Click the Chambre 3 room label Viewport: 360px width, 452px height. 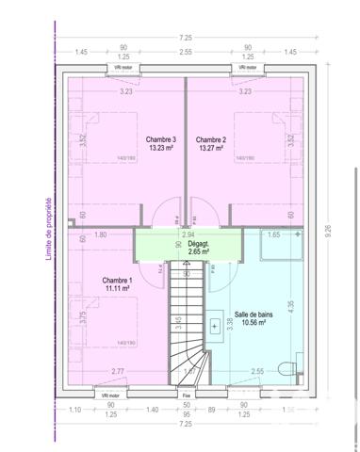tap(161, 139)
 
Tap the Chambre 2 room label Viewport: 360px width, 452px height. tap(210, 139)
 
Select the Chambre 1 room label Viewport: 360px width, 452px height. tap(118, 281)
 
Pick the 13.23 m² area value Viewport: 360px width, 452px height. tap(161, 148)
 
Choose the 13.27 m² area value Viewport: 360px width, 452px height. tap(210, 148)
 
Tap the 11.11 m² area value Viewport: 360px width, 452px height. tap(118, 289)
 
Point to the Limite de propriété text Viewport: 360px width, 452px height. tap(47, 227)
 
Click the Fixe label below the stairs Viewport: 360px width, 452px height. tap(187, 396)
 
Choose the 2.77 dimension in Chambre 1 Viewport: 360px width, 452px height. tap(118, 372)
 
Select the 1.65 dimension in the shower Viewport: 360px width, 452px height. tap(276, 233)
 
